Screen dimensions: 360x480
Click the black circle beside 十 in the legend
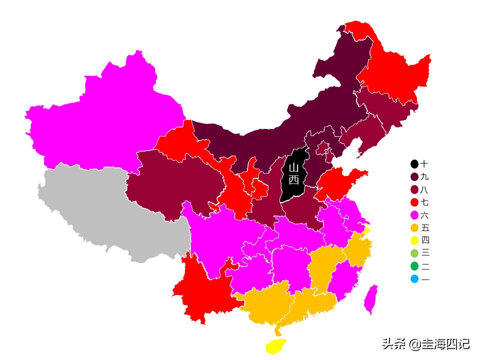pyautogui.click(x=414, y=164)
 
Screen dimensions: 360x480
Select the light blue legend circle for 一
pyautogui.click(x=414, y=279)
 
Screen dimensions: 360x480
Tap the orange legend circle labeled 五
pyautogui.click(x=414, y=228)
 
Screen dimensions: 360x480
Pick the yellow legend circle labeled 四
pyautogui.click(x=414, y=240)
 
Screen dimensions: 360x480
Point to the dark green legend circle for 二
pyautogui.click(x=414, y=266)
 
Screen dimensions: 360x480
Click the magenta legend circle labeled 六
pyautogui.click(x=414, y=215)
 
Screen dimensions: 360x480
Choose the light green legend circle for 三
pyautogui.click(x=414, y=253)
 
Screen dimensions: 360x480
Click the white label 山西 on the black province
pyautogui.click(x=293, y=173)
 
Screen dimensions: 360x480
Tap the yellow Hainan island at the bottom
pyautogui.click(x=275, y=345)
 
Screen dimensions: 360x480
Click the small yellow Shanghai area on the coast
pyautogui.click(x=367, y=230)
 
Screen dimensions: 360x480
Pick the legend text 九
pyautogui.click(x=425, y=177)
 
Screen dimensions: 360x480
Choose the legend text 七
pyautogui.click(x=425, y=202)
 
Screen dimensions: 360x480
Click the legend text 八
pyautogui.click(x=425, y=190)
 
